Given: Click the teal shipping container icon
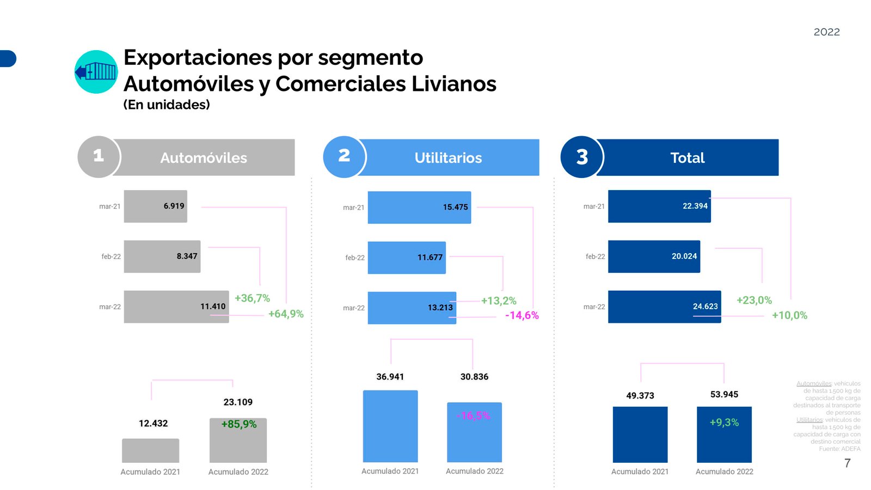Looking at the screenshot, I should click(x=96, y=72).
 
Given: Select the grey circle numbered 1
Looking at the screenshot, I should click(x=99, y=157).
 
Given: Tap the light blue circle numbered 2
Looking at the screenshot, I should click(x=344, y=157).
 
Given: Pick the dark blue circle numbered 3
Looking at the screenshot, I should click(x=582, y=157).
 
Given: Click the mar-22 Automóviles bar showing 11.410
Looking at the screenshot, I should click(x=176, y=307).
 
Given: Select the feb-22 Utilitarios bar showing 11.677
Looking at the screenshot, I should click(x=406, y=257).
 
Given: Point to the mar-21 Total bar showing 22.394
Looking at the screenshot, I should click(x=659, y=206).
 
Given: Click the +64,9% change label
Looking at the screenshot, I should click(x=286, y=314).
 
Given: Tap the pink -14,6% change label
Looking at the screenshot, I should click(x=522, y=315).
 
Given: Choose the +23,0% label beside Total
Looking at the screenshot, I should click(x=754, y=300).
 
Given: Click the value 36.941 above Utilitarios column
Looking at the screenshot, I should click(x=390, y=377).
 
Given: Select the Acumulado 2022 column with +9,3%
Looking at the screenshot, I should click(x=724, y=434).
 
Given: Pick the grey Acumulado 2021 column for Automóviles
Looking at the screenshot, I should click(x=150, y=451).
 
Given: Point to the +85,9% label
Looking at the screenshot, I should click(x=238, y=424).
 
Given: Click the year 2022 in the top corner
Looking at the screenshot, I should click(x=826, y=32).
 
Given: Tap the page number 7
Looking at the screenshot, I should click(x=847, y=463).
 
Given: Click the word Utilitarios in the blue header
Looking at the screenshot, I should click(x=448, y=158).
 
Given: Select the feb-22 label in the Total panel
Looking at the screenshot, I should click(x=595, y=256).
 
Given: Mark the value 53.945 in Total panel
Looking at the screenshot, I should click(x=724, y=394).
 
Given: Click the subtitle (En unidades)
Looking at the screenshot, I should click(x=167, y=105).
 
